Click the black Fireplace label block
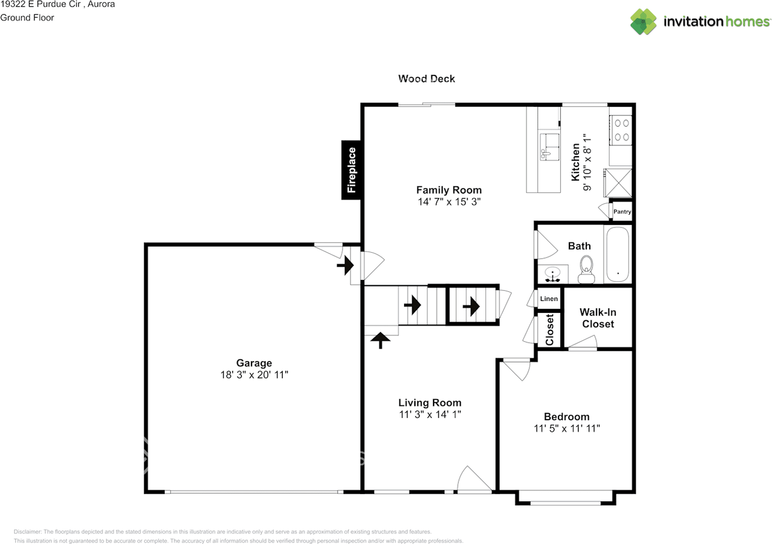pos(351,170)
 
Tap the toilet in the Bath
pos(586,269)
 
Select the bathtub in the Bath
pos(618,254)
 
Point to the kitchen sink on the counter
pos(549,147)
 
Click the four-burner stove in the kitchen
pos(621,130)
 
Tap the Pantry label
pos(622,212)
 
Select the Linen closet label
pos(549,299)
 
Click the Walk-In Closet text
pos(598,318)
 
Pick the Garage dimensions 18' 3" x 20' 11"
pos(255,375)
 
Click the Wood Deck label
pos(426,78)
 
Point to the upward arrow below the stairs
pos(381,340)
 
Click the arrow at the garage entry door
pos(345,265)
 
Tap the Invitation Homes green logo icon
pos(644,22)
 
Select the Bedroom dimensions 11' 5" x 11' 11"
pos(567,428)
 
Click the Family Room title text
pos(449,190)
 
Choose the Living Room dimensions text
pos(430,414)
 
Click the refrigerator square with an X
pos(619,183)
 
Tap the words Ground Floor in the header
pos(27,17)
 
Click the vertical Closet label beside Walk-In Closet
pos(549,329)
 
